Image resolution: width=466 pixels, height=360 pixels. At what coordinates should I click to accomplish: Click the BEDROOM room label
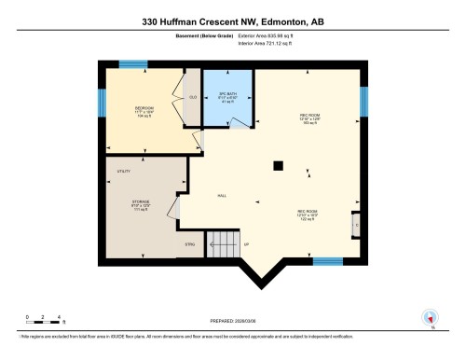(x=144, y=108)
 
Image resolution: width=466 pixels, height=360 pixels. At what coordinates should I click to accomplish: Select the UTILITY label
(x=124, y=171)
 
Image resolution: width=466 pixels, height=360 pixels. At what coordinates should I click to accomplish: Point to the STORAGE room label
(x=142, y=201)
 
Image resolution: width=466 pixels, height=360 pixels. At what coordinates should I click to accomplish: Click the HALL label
(x=222, y=195)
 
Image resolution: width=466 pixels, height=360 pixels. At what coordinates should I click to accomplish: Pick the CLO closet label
(x=193, y=98)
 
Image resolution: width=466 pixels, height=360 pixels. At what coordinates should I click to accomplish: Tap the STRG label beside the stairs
(x=191, y=245)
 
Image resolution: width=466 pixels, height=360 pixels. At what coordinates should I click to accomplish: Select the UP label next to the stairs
(x=246, y=245)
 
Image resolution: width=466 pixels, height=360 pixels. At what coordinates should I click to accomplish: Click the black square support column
(x=277, y=166)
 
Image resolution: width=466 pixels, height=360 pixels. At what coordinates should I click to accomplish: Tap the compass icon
(x=430, y=317)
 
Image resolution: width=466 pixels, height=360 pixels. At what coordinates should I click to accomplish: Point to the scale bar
(x=43, y=322)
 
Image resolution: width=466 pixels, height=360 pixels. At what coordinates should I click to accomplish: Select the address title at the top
(x=233, y=21)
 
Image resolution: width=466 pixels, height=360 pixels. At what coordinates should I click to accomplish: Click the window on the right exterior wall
(x=363, y=101)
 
